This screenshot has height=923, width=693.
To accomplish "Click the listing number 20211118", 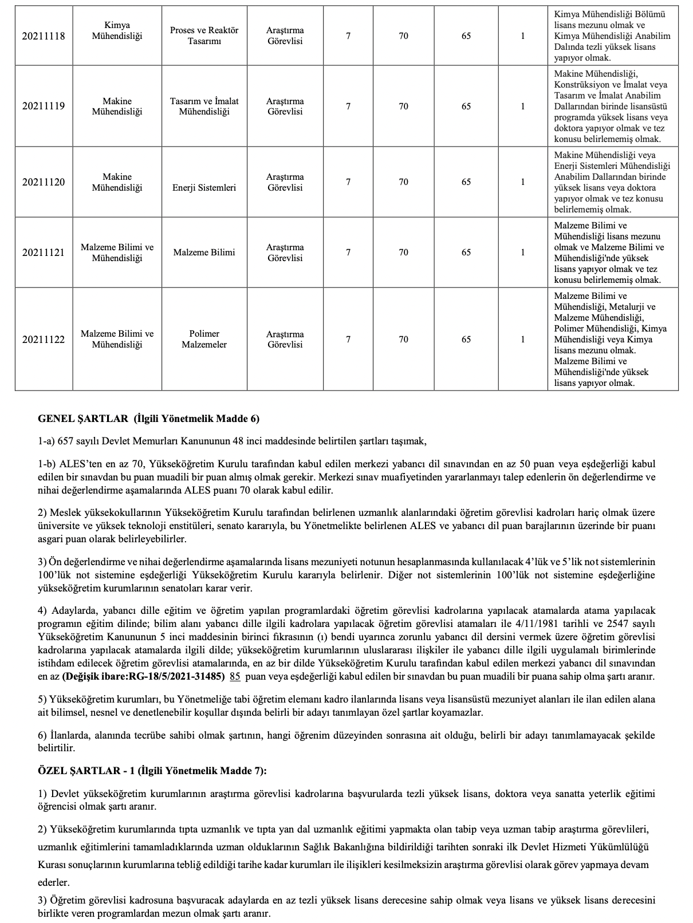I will pos(44,36).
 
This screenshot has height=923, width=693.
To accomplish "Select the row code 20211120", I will pos(44,182).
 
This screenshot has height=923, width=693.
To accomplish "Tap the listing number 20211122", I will pos(44,340).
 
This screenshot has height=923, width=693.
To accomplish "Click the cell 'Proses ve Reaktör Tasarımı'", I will pos(204,36).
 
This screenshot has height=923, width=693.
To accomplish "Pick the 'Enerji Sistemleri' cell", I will pos(204,187).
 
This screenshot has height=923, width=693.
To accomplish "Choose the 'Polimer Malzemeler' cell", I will pos(204,339).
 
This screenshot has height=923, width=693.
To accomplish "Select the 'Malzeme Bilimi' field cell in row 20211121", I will pos(204,253).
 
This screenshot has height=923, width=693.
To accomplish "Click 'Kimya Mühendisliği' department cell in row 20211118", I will pos(117,31).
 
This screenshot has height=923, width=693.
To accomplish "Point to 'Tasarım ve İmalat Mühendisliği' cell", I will pos(204,106).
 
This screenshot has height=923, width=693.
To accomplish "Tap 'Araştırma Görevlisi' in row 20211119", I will pos(285,106).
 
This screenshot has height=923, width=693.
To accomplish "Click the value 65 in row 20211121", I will pos(466,253).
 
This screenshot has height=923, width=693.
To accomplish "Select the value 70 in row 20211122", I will pos(404,340).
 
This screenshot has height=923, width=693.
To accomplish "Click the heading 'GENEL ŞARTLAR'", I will pos(83,419).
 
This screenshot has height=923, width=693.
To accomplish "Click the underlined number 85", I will pos(234,676).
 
